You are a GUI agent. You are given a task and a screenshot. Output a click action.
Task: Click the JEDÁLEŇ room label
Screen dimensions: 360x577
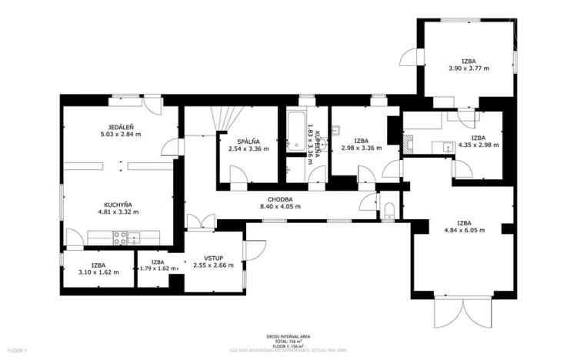click(122, 128)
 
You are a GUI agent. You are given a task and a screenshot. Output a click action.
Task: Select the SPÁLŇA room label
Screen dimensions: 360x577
click(248, 141)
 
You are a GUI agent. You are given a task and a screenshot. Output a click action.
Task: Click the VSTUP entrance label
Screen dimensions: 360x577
click(214, 258)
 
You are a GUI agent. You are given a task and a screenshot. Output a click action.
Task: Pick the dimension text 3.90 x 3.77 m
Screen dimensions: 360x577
click(469, 68)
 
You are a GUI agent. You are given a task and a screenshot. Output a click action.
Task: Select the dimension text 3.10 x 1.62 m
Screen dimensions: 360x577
click(98, 272)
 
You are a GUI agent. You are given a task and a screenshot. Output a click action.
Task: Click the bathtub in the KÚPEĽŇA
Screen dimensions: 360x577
click(295, 131)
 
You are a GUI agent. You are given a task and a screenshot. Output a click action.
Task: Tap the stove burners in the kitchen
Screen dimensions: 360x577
click(121, 238)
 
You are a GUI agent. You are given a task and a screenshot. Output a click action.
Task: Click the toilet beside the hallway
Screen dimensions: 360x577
click(389, 211)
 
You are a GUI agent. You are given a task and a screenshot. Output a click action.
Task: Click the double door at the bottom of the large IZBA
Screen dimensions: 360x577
click(462, 314)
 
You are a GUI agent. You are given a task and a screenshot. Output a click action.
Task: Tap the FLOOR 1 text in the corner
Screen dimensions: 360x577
click(16, 351)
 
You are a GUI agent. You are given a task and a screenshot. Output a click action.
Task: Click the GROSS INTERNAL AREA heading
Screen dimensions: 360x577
click(288, 337)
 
